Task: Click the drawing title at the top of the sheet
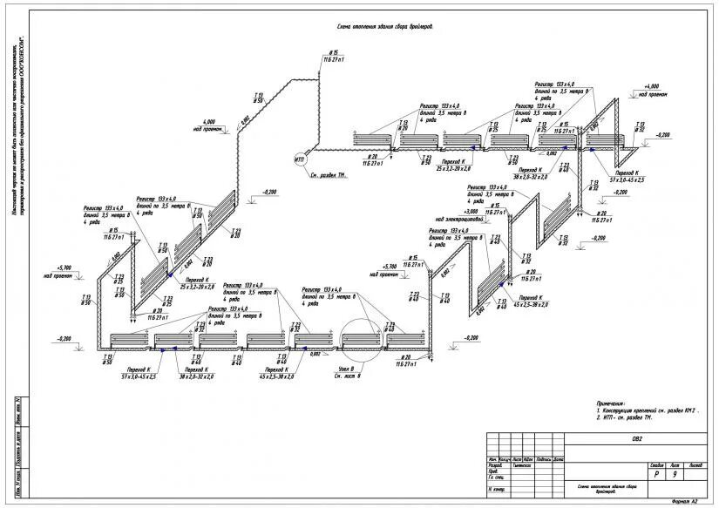[384, 27]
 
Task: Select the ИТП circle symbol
[299, 159]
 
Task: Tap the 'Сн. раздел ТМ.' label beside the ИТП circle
[329, 175]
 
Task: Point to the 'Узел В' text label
[348, 369]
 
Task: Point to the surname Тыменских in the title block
[521, 465]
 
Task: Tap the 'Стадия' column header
[656, 465]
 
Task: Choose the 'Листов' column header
[695, 465]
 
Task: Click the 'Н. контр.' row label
[496, 489]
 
